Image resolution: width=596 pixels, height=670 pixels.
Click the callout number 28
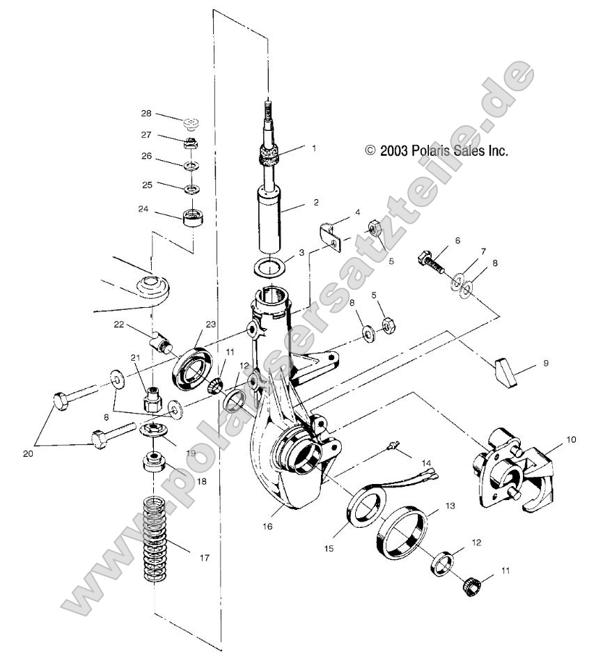click(146, 113)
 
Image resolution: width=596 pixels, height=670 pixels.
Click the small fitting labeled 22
click(162, 344)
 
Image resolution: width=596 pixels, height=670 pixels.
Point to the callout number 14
click(446, 462)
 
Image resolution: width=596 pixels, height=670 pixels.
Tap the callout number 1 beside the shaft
click(314, 148)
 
